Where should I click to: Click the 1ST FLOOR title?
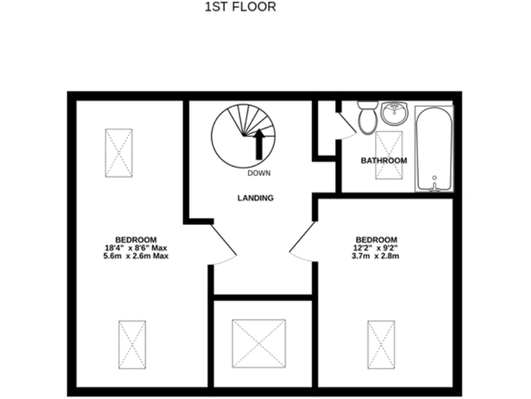tap(241, 8)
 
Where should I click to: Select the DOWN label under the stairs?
tap(259, 173)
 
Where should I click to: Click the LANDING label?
tap(255, 198)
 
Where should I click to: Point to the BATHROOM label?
tap(384, 161)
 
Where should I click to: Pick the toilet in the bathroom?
tap(367, 117)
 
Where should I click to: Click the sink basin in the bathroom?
tap(394, 113)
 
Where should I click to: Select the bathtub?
tap(434, 147)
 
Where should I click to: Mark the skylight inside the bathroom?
tap(388, 150)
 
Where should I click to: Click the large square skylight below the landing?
tap(259, 344)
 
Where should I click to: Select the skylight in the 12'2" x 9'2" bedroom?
tap(380, 344)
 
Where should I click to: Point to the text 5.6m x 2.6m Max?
tap(136, 256)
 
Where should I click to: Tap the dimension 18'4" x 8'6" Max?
tap(136, 247)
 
